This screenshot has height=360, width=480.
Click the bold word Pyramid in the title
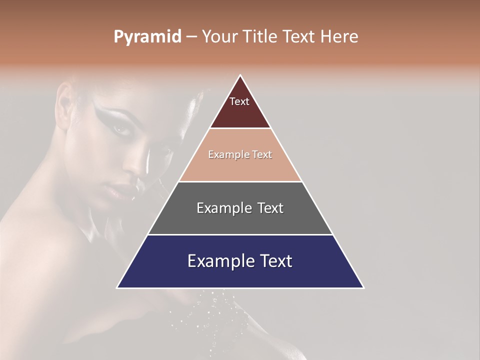147,37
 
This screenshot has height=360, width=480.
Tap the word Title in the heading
262,37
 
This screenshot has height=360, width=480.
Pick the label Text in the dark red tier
239,102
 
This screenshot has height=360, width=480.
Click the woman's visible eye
121,129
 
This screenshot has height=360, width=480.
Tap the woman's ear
65,102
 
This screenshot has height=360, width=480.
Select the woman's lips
116,189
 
